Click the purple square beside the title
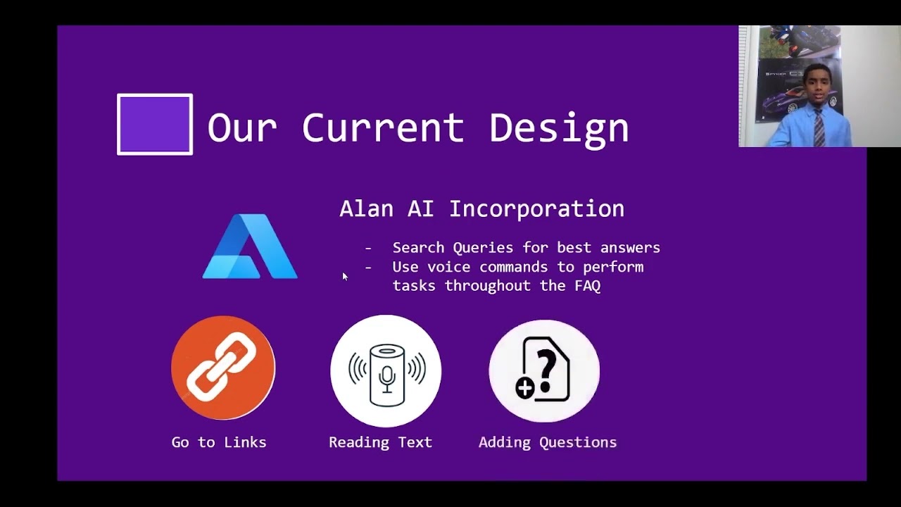coord(155,124)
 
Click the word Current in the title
coord(384,127)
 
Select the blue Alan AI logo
coord(250,246)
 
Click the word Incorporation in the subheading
coord(536,209)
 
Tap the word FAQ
coord(587,286)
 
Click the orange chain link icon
coord(223,368)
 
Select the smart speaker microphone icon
coord(386,370)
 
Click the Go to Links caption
coord(219,442)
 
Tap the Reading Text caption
coord(380,442)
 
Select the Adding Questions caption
coord(548,442)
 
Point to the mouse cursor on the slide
coord(345,277)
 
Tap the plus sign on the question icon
coord(525,387)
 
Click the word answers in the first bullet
coord(630,248)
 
